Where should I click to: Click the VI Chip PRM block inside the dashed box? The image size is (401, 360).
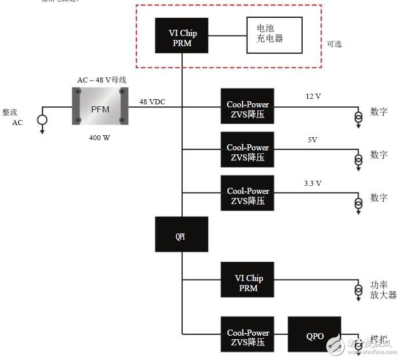coord(182,35)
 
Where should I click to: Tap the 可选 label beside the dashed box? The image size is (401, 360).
coord(334,44)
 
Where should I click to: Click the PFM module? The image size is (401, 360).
coord(100,106)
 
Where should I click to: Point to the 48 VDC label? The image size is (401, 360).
coord(152,102)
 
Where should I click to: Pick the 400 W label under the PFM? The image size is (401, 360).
coord(100,137)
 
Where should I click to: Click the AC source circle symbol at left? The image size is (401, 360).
coord(42,120)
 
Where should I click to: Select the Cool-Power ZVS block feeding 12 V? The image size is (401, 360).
coord(248,106)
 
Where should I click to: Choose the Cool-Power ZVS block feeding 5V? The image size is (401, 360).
coord(248,149)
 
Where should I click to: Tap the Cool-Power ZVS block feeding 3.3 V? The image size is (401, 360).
coord(248,193)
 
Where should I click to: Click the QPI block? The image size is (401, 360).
coord(181,234)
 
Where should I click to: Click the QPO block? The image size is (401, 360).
coord(314,334)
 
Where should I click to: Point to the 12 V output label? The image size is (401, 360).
coord(313,96)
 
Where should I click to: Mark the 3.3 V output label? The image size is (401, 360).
coord(313,183)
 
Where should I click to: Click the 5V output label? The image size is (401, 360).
coord(312,140)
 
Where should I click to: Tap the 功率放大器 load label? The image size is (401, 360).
coord(383,290)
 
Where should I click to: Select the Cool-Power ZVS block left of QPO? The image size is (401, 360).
coord(248,334)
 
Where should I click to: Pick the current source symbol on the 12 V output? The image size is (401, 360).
coord(358,117)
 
